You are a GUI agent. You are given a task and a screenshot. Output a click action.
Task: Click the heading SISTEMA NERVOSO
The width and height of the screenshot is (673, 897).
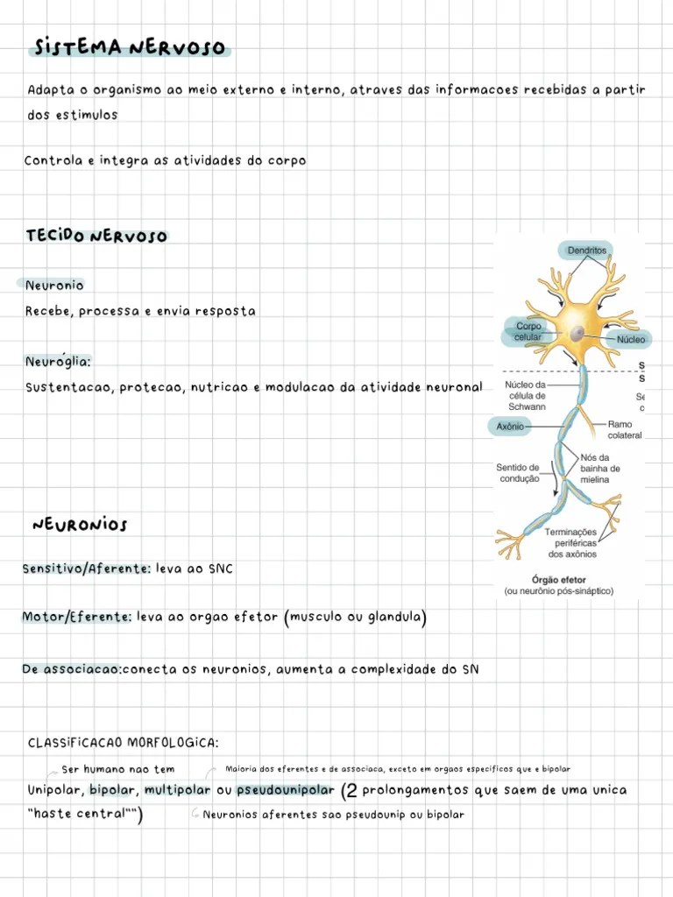128,47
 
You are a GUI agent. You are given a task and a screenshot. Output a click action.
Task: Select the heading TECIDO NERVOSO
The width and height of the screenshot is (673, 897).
96,237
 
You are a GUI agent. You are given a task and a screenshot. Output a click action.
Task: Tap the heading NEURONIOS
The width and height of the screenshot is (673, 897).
80,525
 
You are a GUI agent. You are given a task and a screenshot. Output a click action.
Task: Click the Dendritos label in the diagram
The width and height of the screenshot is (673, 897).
587,251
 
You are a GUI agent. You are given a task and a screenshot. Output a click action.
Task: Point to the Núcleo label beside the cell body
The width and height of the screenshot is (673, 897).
630,339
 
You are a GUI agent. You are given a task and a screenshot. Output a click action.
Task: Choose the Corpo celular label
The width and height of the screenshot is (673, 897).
528,332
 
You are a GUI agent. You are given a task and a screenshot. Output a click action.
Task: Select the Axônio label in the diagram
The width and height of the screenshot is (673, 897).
510,427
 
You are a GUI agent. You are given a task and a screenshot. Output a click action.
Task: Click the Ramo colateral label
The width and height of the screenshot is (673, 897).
624,429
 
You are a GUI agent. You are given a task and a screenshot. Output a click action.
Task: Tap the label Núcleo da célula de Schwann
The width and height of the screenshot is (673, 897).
527,396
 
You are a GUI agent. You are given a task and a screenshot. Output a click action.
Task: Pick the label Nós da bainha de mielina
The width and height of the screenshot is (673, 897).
599,469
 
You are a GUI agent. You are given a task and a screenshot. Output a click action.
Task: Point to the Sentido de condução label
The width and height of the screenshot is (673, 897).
518,473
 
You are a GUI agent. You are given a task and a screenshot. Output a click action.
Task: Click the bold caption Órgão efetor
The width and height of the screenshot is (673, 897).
559,580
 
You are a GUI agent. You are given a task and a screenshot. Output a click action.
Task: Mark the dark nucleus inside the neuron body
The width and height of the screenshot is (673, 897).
577,334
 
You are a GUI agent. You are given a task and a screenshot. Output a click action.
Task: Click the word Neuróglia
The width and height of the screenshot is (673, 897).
58,361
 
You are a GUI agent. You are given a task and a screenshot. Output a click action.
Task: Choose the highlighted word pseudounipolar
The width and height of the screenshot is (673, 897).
286,790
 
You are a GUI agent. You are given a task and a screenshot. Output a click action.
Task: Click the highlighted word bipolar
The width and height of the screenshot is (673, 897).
111,790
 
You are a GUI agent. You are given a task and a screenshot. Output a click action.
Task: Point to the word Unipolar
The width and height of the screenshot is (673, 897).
54,790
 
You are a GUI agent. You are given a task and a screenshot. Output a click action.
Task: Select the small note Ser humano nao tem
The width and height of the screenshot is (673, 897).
118,770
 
